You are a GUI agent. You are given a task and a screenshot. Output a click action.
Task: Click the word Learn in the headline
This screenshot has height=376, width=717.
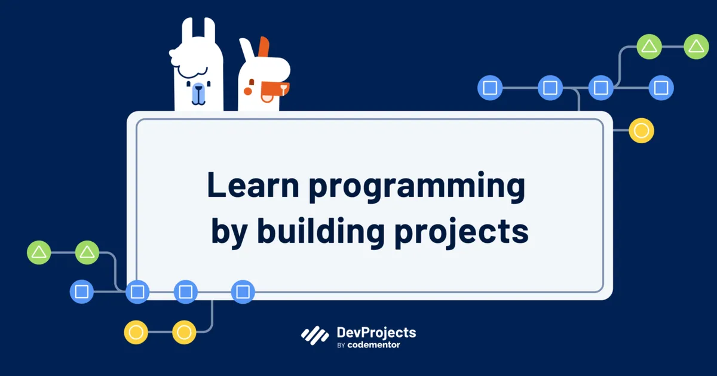[253, 185]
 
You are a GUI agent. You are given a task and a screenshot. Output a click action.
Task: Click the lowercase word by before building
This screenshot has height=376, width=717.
[229, 233]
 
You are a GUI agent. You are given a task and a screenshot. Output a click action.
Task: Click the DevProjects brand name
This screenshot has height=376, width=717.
[376, 332]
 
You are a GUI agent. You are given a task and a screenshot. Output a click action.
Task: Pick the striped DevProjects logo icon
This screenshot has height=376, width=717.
[315, 336]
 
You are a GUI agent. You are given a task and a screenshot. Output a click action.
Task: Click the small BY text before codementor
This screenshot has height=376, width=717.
[342, 346]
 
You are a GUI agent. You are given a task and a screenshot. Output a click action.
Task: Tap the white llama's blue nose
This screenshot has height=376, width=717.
[198, 93]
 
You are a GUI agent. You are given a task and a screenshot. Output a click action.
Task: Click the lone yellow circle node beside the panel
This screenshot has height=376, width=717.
[641, 131]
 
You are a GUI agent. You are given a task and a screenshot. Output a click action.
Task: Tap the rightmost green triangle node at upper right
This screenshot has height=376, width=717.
[695, 47]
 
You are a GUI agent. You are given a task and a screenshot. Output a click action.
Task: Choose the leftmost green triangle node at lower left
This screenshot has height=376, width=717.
[39, 252]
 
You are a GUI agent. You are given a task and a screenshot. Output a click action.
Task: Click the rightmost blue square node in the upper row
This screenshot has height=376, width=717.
[661, 88]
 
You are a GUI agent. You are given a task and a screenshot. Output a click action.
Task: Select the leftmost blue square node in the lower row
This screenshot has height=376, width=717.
[82, 292]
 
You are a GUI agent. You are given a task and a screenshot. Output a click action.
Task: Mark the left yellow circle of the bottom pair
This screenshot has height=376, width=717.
[136, 332]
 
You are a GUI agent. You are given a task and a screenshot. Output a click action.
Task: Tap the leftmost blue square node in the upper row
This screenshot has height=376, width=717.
[490, 88]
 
